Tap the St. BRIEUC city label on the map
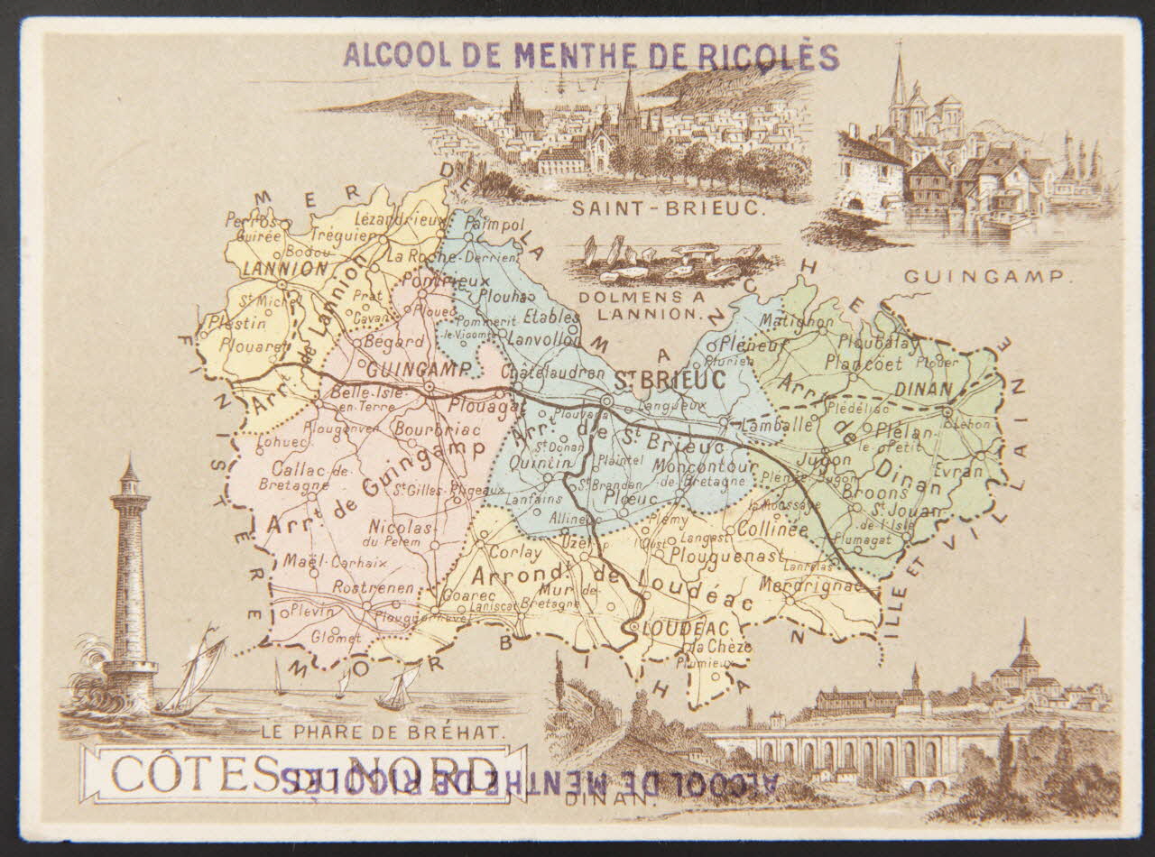670,381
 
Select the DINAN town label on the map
925,390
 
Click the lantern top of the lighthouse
129,476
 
